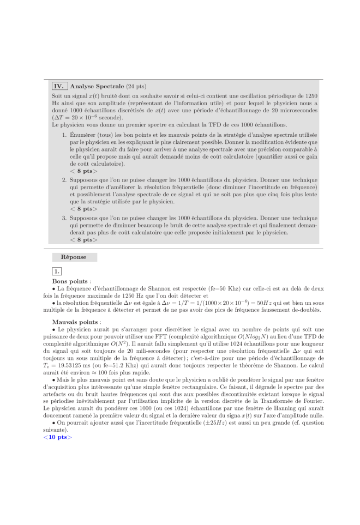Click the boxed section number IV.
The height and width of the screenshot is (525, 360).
pyautogui.click(x=59, y=86)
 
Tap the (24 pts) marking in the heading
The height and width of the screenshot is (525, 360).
pyautogui.click(x=136, y=86)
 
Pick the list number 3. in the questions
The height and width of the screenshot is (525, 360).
pyautogui.click(x=64, y=217)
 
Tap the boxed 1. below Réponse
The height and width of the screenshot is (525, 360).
pyautogui.click(x=57, y=271)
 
